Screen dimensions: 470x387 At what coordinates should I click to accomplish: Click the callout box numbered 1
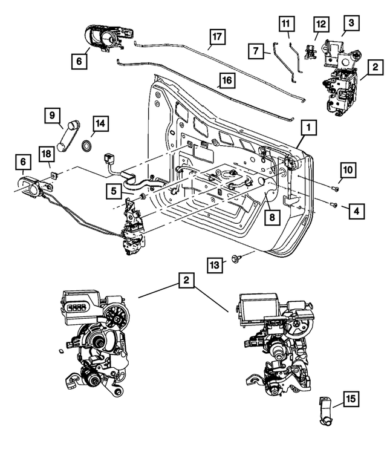[x=308, y=128]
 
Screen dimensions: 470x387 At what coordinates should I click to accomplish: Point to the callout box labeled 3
[x=350, y=24]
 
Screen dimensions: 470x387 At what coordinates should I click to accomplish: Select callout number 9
[x=53, y=114]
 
